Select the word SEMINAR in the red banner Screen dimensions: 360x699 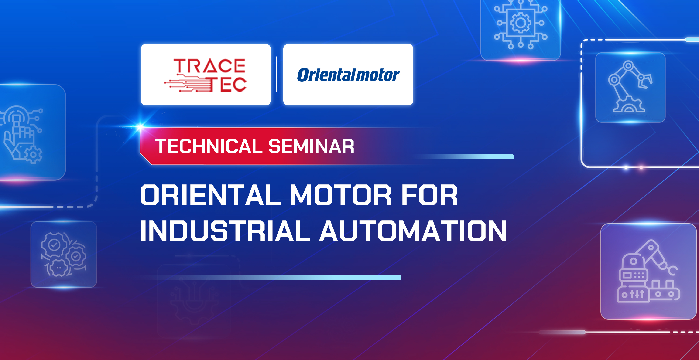click(x=311, y=146)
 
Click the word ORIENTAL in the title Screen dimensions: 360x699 click(x=211, y=195)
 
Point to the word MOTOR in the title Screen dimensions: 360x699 click(x=341, y=195)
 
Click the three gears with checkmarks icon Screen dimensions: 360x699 click(x=64, y=254)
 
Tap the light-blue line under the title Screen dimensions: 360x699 click(x=298, y=277)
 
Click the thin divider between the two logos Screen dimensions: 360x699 click(x=277, y=75)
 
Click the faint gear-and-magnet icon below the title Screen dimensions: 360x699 click(x=194, y=301)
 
